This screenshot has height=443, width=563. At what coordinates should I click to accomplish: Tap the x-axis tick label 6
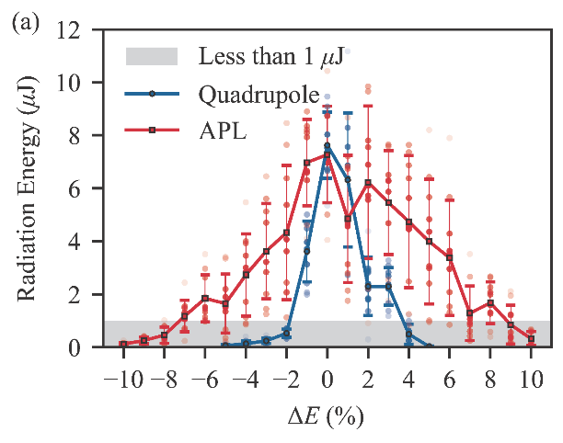(x=450, y=379)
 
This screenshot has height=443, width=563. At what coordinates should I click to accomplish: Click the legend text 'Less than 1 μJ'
(x=271, y=56)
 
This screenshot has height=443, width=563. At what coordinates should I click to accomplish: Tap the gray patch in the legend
(x=152, y=56)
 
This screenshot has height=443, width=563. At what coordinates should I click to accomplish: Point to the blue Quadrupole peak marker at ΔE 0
(x=327, y=146)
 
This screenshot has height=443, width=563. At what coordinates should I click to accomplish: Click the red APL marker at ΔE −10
(x=123, y=344)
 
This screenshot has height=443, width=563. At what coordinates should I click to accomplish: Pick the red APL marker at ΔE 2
(x=368, y=183)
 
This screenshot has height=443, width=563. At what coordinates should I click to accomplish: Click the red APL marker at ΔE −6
(x=205, y=299)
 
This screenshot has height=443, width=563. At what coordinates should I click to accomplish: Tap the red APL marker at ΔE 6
(x=450, y=257)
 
